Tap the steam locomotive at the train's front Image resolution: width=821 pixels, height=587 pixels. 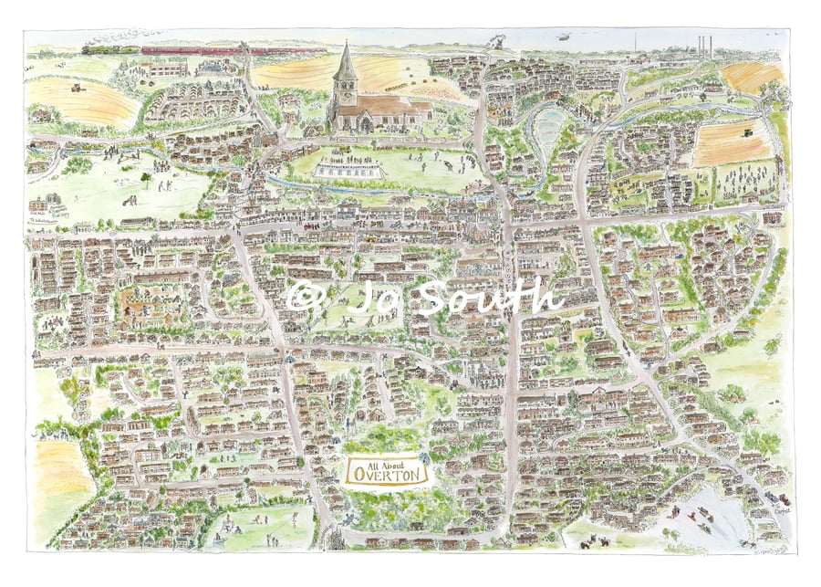[97, 49]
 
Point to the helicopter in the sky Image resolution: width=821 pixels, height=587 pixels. [566, 37]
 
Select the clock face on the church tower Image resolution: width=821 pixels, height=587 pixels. [346, 89]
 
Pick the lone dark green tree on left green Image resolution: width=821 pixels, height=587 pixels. [145, 175]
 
